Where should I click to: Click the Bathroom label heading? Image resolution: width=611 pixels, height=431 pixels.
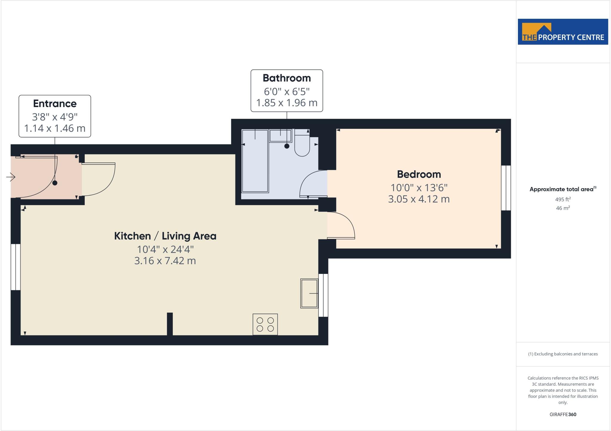(286, 78)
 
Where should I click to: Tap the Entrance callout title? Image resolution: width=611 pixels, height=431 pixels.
(55, 104)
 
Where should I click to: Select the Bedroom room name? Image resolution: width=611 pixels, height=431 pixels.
(419, 174)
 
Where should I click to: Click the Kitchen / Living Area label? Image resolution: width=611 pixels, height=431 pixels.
(165, 236)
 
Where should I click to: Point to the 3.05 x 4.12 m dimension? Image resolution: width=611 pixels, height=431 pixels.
(419, 199)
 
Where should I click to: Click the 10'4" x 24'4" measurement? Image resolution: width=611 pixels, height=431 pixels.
(165, 249)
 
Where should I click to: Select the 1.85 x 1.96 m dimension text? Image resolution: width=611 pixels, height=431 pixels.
(286, 103)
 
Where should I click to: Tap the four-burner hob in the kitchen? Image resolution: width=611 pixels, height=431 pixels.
(265, 324)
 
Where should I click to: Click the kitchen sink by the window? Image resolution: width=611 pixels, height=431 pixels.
(309, 294)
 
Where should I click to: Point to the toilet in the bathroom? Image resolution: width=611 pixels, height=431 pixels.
(302, 145)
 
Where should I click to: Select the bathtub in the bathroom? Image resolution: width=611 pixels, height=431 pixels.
(255, 161)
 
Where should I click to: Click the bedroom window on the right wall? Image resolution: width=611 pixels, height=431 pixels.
(506, 188)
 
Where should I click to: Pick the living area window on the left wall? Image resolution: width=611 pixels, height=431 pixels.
(16, 267)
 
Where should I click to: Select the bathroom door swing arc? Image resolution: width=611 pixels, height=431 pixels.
(312, 183)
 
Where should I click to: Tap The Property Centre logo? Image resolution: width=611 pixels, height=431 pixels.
(563, 32)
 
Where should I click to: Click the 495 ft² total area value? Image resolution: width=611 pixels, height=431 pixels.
(563, 199)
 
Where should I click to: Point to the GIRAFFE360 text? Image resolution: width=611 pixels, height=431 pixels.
(563, 414)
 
